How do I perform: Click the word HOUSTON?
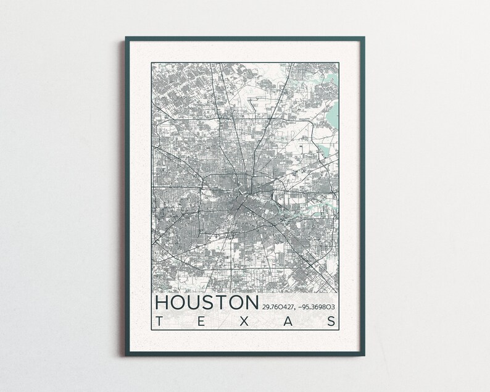207,303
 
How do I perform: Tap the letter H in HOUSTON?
162,303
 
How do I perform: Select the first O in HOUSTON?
180,303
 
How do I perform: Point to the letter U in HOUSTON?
196,303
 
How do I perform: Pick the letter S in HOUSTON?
211,303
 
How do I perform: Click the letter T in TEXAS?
160,322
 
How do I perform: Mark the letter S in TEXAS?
333,322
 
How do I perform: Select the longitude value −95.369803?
320,307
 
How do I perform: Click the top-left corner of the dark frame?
126,38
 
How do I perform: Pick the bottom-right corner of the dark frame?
363,355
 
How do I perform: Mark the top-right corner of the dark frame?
363,38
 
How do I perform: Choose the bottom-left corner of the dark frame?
126,355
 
